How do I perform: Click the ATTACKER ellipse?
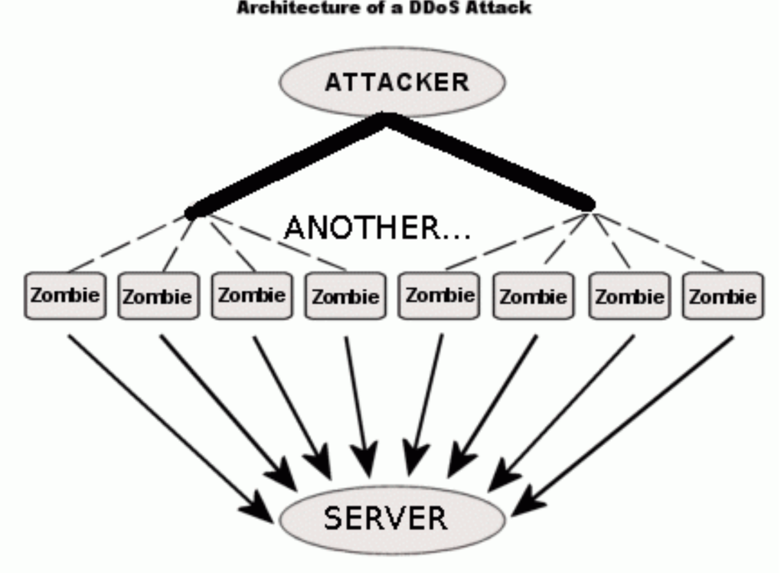point(392,82)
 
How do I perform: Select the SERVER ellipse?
point(392,518)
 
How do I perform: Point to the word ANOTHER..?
point(362,228)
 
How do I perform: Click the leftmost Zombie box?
point(64,295)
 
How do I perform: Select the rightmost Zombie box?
point(723,296)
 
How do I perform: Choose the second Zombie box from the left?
point(158,296)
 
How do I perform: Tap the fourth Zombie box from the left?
point(345,296)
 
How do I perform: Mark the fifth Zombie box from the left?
point(439,295)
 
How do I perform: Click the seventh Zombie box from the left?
point(629,296)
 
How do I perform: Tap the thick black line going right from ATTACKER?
point(490,160)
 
